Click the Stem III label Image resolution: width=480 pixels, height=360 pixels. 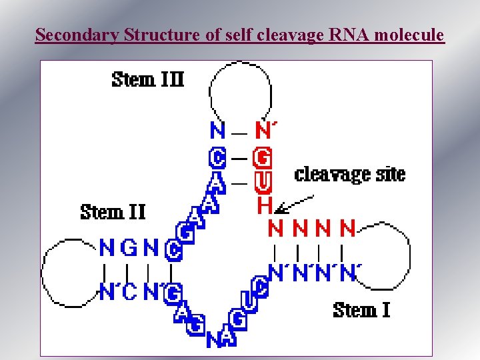coord(147,79)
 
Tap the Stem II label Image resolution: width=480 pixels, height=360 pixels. coord(113,212)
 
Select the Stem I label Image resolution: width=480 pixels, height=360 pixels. coord(361,310)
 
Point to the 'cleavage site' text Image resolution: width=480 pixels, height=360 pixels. coord(349,175)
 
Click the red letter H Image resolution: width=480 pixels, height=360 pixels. coord(264,205)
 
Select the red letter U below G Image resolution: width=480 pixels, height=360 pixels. coord(264,181)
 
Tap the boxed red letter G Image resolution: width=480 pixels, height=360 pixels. coord(264,158)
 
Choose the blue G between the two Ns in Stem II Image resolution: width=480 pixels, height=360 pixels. coord(129,249)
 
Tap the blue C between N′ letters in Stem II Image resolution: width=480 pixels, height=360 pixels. coord(129,291)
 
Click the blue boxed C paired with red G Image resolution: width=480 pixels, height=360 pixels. coord(217,158)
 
